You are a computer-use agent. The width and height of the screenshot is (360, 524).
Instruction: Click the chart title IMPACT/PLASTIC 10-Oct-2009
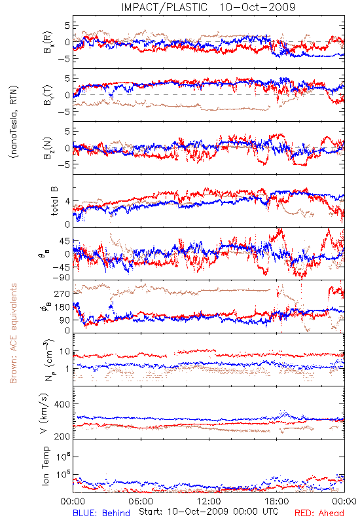pyautogui.click(x=208, y=7)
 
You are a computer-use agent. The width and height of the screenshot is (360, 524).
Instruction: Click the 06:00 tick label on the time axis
pyautogui.click(x=141, y=501)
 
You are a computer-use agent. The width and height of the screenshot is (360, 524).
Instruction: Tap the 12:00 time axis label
pyautogui.click(x=209, y=501)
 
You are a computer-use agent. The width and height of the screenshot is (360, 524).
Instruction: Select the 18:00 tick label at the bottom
pyautogui.click(x=277, y=501)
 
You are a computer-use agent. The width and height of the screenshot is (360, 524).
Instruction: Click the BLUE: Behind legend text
pyautogui.click(x=101, y=513)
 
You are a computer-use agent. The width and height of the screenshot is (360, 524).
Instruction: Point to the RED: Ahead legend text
pyautogui.click(x=319, y=513)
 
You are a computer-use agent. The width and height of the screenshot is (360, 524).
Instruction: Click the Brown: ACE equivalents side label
pyautogui.click(x=13, y=333)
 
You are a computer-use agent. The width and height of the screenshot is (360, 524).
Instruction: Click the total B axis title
pyautogui.click(x=54, y=201)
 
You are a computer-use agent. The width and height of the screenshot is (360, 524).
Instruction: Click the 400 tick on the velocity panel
pyautogui.click(x=62, y=404)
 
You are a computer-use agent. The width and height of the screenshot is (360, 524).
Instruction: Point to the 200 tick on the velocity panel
pyautogui.click(x=62, y=436)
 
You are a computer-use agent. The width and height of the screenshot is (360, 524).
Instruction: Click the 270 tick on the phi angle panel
pyautogui.click(x=62, y=293)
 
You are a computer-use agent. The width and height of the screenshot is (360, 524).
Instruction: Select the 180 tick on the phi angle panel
pyautogui.click(x=62, y=307)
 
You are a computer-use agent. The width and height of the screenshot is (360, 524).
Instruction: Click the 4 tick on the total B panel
pyautogui.click(x=67, y=202)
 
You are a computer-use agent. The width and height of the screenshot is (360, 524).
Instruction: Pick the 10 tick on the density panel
pyautogui.click(x=65, y=352)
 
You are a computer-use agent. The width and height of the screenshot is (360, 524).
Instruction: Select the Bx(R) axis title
pyautogui.click(x=47, y=43)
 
